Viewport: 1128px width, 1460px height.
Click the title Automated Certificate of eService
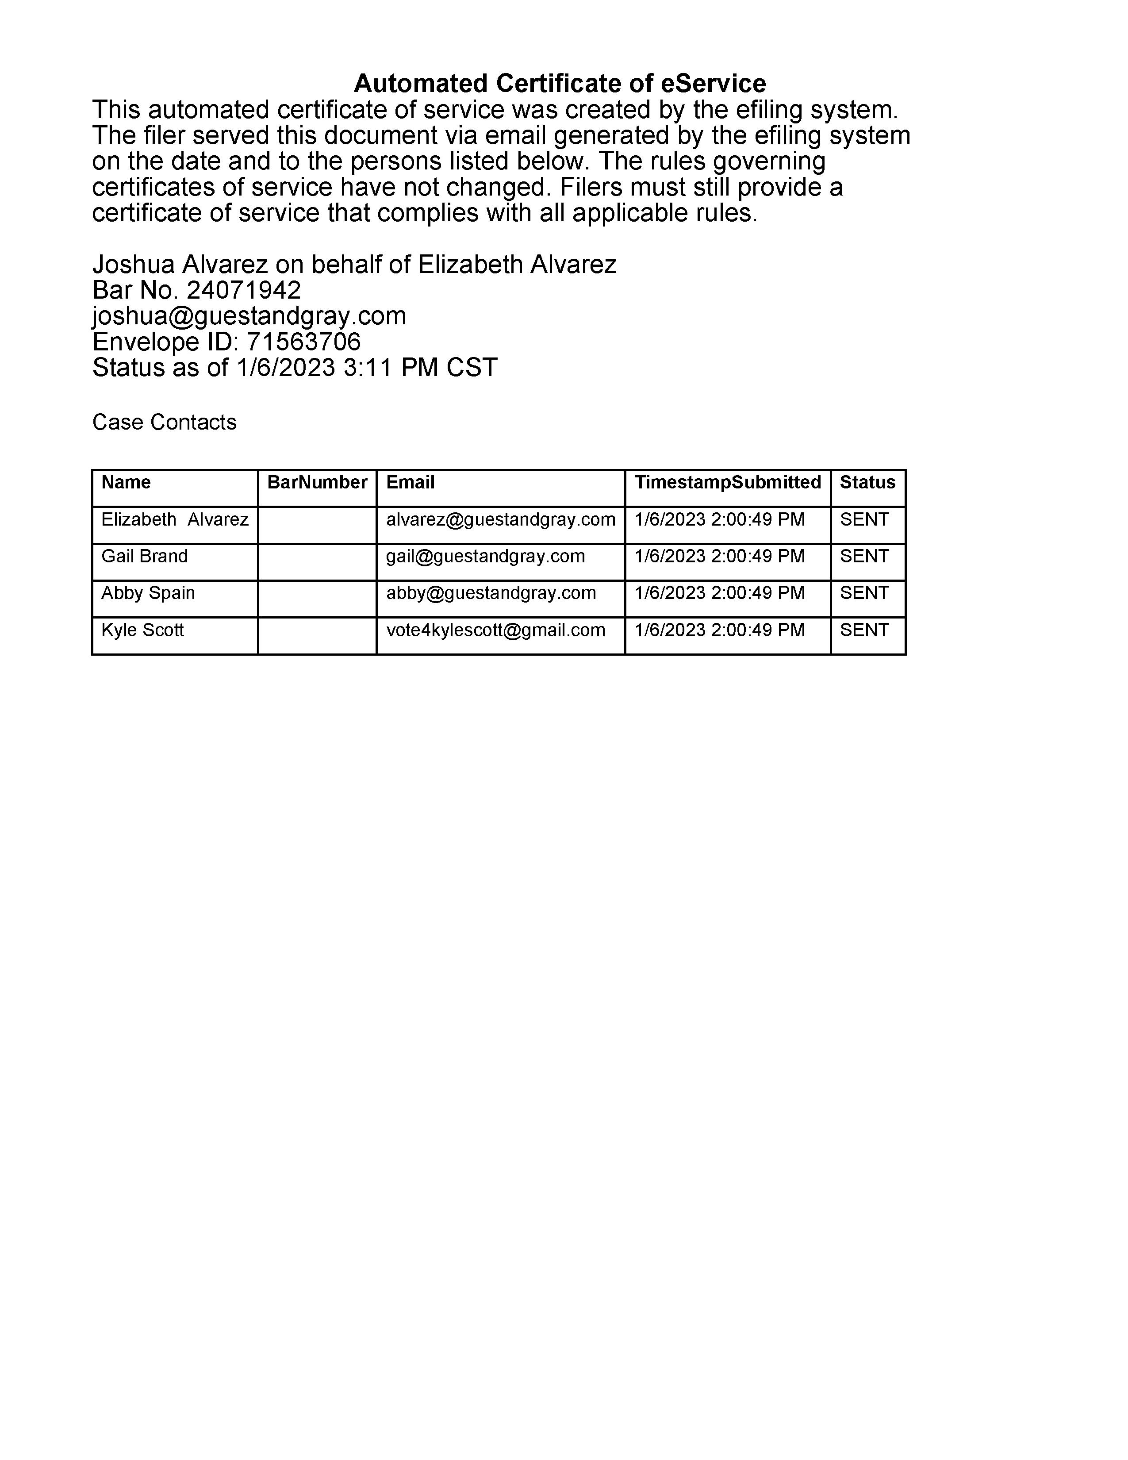point(559,84)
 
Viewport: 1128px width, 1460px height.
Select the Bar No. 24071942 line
point(196,290)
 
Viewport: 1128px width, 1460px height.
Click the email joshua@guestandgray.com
point(249,316)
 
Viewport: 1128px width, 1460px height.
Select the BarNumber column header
point(317,483)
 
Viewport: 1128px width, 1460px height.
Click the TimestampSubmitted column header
point(727,483)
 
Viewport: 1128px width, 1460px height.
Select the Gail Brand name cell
point(144,556)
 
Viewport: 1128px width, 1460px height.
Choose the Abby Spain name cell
point(148,593)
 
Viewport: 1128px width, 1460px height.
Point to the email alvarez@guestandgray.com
point(500,519)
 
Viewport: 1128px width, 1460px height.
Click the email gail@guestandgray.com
point(485,556)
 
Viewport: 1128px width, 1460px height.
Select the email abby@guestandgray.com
point(491,593)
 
